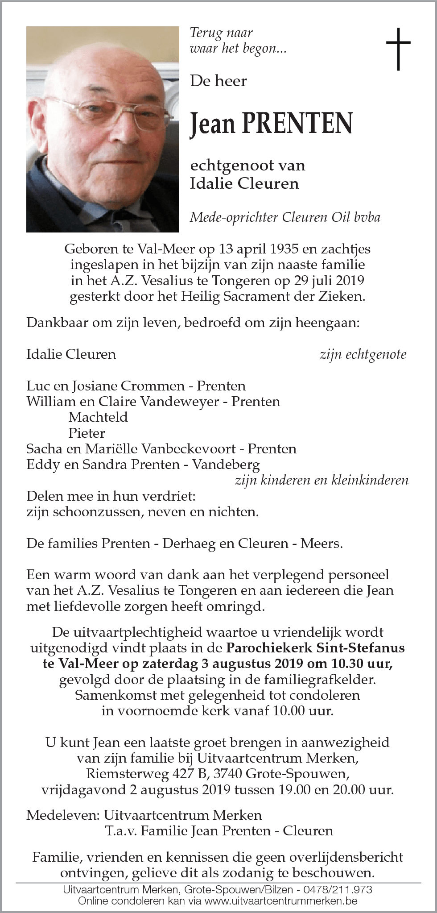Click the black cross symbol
tap(398, 49)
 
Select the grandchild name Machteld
tap(98, 417)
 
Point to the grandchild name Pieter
tap(87, 433)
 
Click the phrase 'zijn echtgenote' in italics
tap(363, 354)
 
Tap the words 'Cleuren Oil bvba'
tap(330, 217)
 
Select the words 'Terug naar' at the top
tap(221, 33)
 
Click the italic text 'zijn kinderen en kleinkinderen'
tap(321, 480)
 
